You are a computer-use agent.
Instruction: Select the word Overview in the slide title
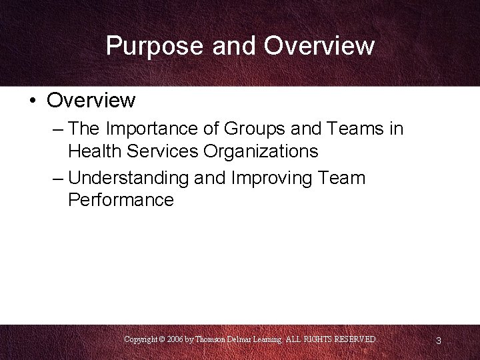[319, 46]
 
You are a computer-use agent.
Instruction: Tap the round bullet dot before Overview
[32, 101]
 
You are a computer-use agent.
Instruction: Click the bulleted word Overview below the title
[91, 101]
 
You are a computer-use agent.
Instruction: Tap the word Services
[167, 151]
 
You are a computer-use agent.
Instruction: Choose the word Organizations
[261, 151]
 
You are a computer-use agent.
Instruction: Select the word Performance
[121, 200]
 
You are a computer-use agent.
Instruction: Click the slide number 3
[438, 341]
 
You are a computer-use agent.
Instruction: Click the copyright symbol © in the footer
[161, 339]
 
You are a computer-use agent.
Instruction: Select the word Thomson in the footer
[213, 339]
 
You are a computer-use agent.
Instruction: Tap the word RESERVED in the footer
[357, 339]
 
